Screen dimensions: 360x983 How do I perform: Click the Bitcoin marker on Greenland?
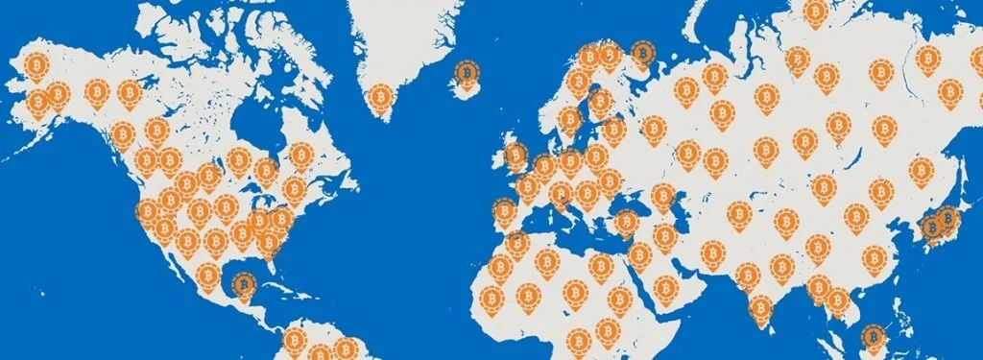[x=382, y=98]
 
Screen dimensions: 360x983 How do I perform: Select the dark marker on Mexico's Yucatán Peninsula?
[x=243, y=283]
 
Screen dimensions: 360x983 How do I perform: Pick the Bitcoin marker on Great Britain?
[x=515, y=154]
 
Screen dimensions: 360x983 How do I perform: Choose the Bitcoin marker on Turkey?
[x=626, y=223]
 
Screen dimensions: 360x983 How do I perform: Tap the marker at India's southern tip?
[x=760, y=307]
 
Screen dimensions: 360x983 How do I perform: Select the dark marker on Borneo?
[x=873, y=337]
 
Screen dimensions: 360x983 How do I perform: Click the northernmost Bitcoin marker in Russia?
[x=815, y=12]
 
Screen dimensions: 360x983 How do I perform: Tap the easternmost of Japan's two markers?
[x=948, y=219]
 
